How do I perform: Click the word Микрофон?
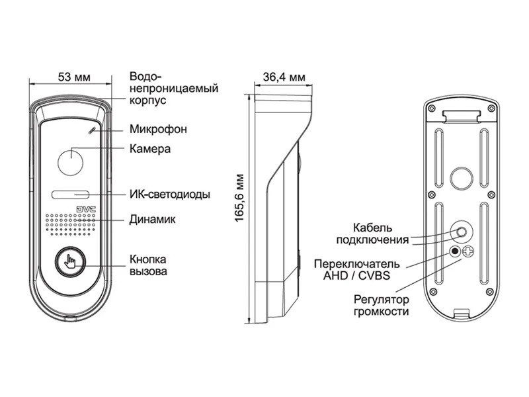(158, 129)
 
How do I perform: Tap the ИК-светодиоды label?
(170, 195)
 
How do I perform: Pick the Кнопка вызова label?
(148, 265)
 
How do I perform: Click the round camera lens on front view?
(69, 162)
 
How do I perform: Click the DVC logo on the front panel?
(86, 208)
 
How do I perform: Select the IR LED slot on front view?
(69, 195)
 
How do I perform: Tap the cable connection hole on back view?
(461, 232)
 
